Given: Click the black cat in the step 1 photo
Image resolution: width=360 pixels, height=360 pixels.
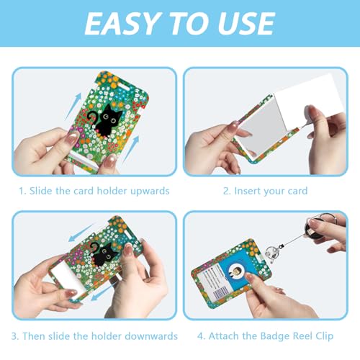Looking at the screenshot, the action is [104, 120].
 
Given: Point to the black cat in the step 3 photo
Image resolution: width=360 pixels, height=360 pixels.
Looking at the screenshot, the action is [103, 254].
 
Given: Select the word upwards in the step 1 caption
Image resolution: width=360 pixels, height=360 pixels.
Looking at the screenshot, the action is [150, 192].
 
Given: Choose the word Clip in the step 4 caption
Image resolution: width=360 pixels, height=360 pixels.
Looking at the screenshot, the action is [325, 336].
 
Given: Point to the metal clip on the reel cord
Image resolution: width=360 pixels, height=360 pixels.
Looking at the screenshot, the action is [272, 253].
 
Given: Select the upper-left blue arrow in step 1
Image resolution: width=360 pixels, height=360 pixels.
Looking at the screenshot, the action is [73, 107].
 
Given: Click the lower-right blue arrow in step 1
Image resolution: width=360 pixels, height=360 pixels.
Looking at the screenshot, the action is [131, 149].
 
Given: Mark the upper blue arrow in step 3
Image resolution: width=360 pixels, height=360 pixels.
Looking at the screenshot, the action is [81, 233].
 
